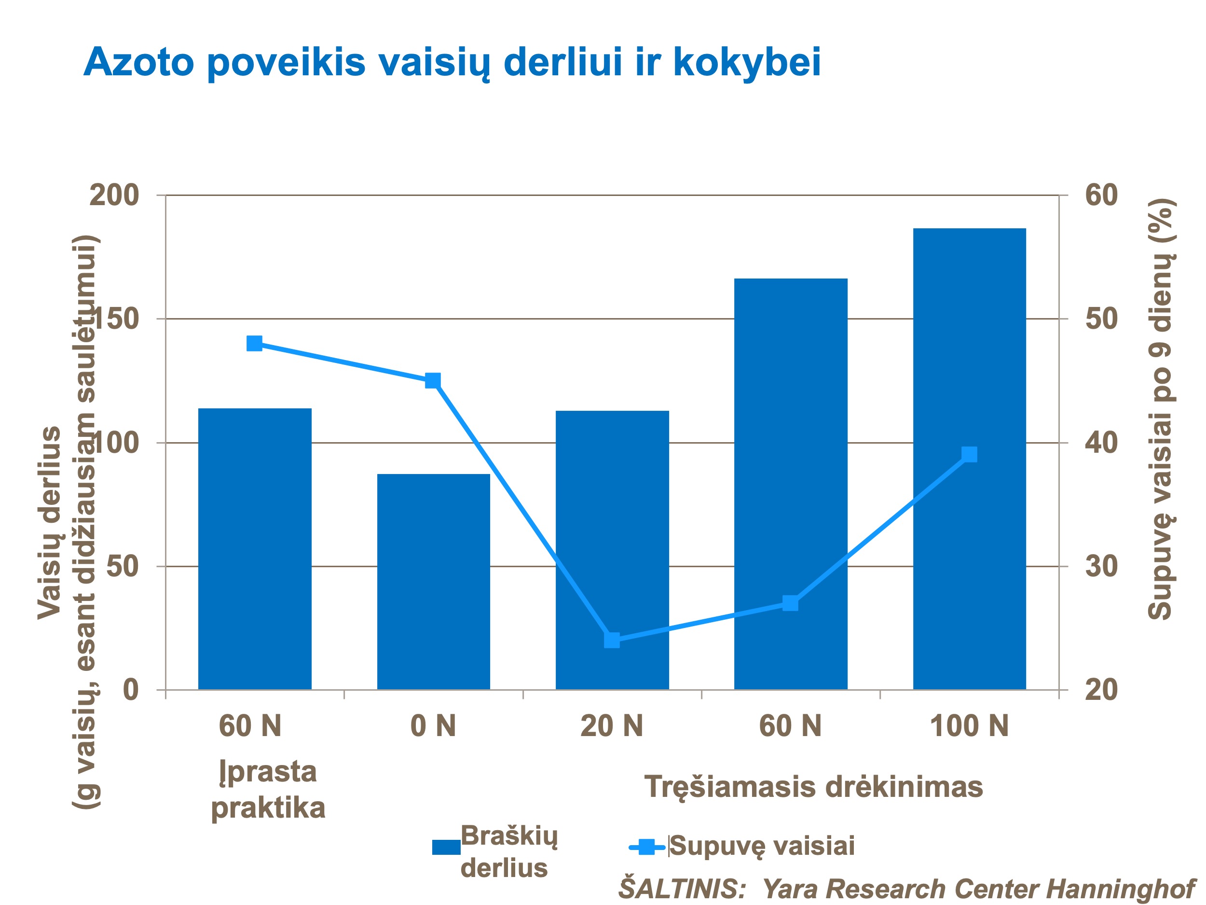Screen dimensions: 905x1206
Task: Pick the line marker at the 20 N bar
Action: point(612,640)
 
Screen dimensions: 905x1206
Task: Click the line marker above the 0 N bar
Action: point(433,380)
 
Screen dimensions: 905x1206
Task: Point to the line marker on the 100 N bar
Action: point(969,454)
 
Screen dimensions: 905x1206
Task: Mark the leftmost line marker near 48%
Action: point(255,343)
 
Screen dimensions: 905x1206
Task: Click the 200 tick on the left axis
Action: point(114,195)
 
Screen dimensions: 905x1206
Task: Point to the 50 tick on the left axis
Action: point(122,567)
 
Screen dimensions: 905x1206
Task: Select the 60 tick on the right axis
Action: point(1101,195)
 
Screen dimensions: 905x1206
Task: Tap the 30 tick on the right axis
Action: point(1101,567)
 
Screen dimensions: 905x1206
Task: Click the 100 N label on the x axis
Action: point(969,726)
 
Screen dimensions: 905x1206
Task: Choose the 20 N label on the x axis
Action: point(612,726)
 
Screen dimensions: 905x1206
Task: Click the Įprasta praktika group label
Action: point(268,789)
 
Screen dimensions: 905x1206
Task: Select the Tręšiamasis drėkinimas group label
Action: point(813,787)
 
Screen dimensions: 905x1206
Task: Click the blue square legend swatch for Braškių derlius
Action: point(446,847)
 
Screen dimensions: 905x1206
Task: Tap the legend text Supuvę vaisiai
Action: point(762,846)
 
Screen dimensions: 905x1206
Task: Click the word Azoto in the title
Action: point(138,62)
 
